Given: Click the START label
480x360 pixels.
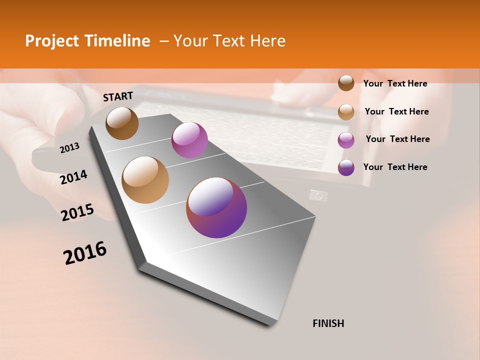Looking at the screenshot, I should (x=118, y=96).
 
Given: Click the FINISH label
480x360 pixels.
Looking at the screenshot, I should (x=328, y=323).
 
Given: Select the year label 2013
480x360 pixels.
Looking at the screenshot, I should (x=69, y=147).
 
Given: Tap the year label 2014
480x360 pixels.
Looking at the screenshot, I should (x=74, y=177).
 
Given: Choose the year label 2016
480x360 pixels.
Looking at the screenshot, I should (x=85, y=253).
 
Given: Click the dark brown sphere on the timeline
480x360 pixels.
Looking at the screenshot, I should (x=122, y=123).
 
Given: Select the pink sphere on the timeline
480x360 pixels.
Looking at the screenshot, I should (x=189, y=140).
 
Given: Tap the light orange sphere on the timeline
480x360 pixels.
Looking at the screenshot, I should (x=145, y=180).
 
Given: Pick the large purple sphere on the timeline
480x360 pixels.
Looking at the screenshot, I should (x=216, y=207).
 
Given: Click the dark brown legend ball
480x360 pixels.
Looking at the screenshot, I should (x=346, y=83).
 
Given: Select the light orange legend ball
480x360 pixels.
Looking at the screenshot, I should (x=346, y=111).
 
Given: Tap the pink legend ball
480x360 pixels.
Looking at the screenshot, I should (x=346, y=139).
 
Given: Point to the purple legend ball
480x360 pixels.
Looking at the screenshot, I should (x=346, y=167).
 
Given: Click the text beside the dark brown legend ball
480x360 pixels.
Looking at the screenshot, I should (x=395, y=83).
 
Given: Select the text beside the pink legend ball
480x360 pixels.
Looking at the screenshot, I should (x=397, y=139).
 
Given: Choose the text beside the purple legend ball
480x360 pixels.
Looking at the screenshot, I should (x=395, y=167).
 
